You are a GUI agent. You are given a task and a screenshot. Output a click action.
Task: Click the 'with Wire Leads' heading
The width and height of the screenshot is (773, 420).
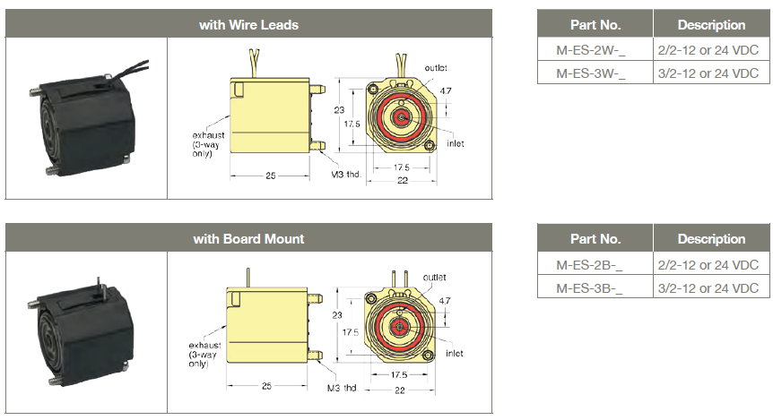pos(248,24)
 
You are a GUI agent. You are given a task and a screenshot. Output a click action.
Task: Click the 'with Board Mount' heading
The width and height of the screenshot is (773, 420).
pos(248,239)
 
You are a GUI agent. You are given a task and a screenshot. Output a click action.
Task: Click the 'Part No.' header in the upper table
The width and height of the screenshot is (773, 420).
pos(595,24)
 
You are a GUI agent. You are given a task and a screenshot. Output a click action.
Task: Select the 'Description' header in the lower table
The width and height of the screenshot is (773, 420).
pos(711,239)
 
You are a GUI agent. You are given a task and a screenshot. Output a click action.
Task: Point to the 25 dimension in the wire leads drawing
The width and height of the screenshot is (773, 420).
pos(271,176)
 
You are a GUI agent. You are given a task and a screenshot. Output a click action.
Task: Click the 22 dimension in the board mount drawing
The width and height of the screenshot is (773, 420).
pos(400,390)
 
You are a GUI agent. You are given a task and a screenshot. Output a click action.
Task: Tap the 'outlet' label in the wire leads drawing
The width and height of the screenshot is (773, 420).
pos(436,68)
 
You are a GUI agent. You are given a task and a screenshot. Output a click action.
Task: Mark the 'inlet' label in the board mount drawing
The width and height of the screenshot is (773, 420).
pos(454,354)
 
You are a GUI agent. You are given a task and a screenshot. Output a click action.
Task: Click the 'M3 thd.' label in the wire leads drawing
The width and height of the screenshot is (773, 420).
pos(346,175)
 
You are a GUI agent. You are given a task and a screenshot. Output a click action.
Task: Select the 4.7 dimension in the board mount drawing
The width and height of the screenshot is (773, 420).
pos(445,300)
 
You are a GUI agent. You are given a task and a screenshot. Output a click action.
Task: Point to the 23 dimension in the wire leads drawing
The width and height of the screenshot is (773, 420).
pos(339,110)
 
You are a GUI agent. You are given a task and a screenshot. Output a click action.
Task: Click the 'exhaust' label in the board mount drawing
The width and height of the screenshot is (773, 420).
pos(204,345)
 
